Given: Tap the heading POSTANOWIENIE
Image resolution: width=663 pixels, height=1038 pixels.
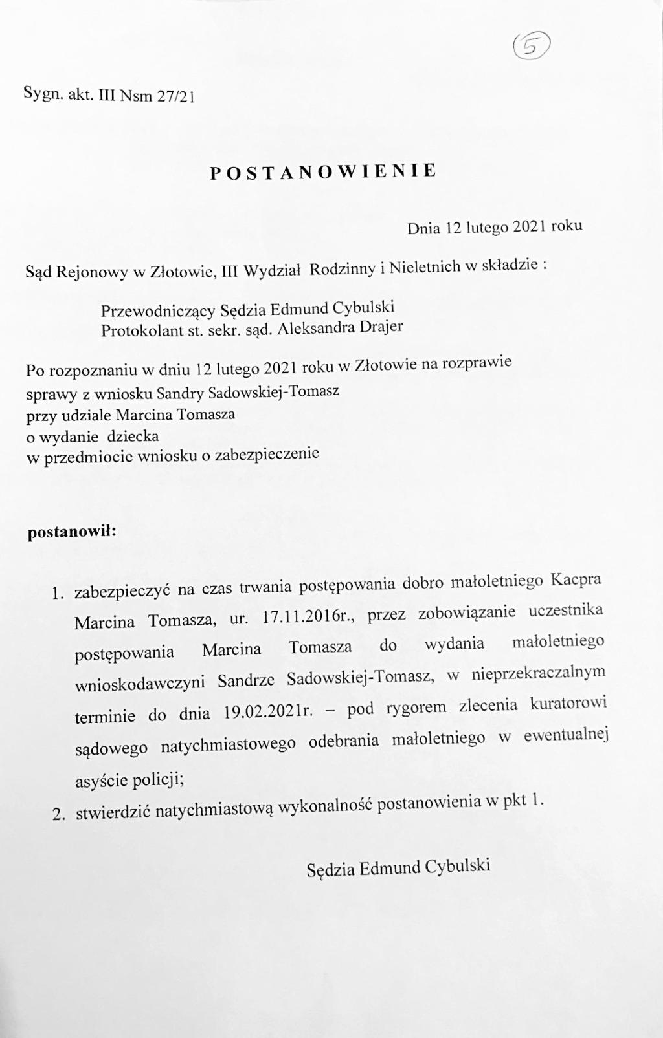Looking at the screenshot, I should [x=323, y=171].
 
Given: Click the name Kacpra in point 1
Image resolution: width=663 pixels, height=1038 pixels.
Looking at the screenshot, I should [x=576, y=579].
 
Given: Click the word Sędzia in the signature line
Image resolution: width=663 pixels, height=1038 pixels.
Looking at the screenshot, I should [x=331, y=869].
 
